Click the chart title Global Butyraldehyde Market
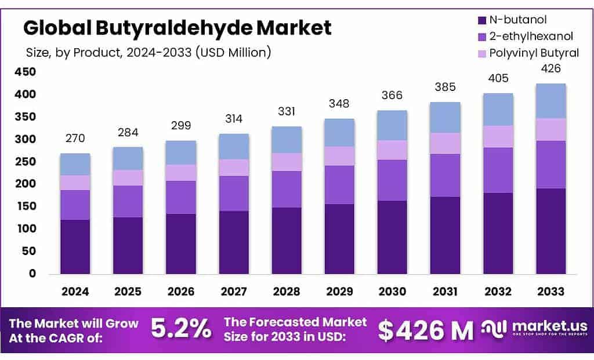point(177,27)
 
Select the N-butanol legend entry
point(519,20)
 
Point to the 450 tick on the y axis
point(25,72)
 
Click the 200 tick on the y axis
point(25,184)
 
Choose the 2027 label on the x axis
point(234,292)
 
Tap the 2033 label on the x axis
point(550,292)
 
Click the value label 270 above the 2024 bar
point(75,139)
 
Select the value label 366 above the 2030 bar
point(392,96)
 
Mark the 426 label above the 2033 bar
point(550,69)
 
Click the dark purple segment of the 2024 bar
point(75,246)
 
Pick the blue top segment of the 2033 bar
point(550,101)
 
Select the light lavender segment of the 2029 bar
point(339,155)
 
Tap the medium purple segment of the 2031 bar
point(445,175)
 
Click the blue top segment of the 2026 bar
point(181,152)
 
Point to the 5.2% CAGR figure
point(182,329)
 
